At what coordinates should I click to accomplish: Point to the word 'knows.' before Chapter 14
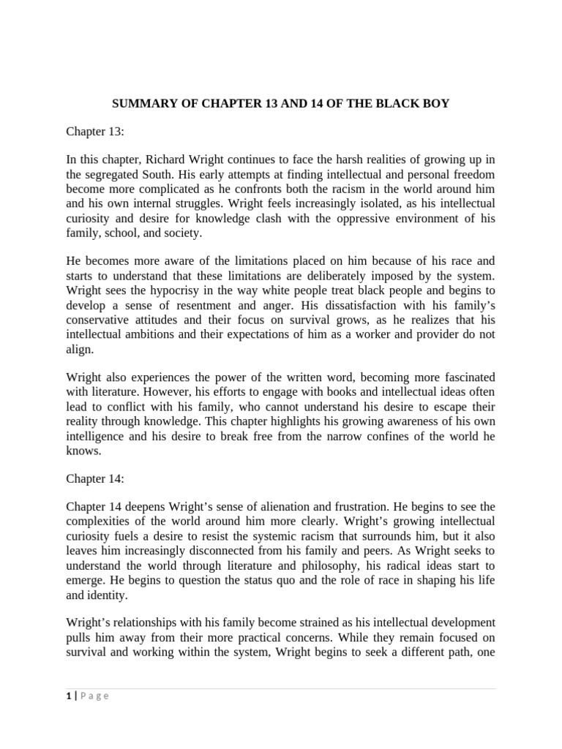pyautogui.click(x=82, y=451)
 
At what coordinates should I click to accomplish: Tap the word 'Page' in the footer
pyautogui.click(x=94, y=696)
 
